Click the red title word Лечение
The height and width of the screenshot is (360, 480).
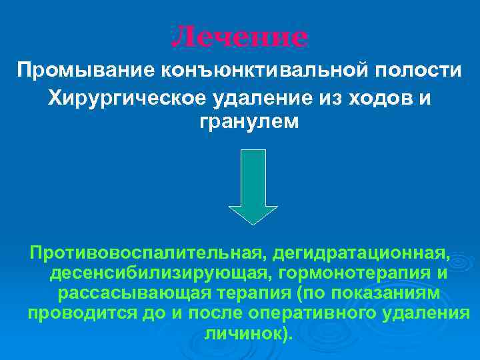click(240, 37)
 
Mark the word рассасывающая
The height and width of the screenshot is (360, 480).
click(135, 293)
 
